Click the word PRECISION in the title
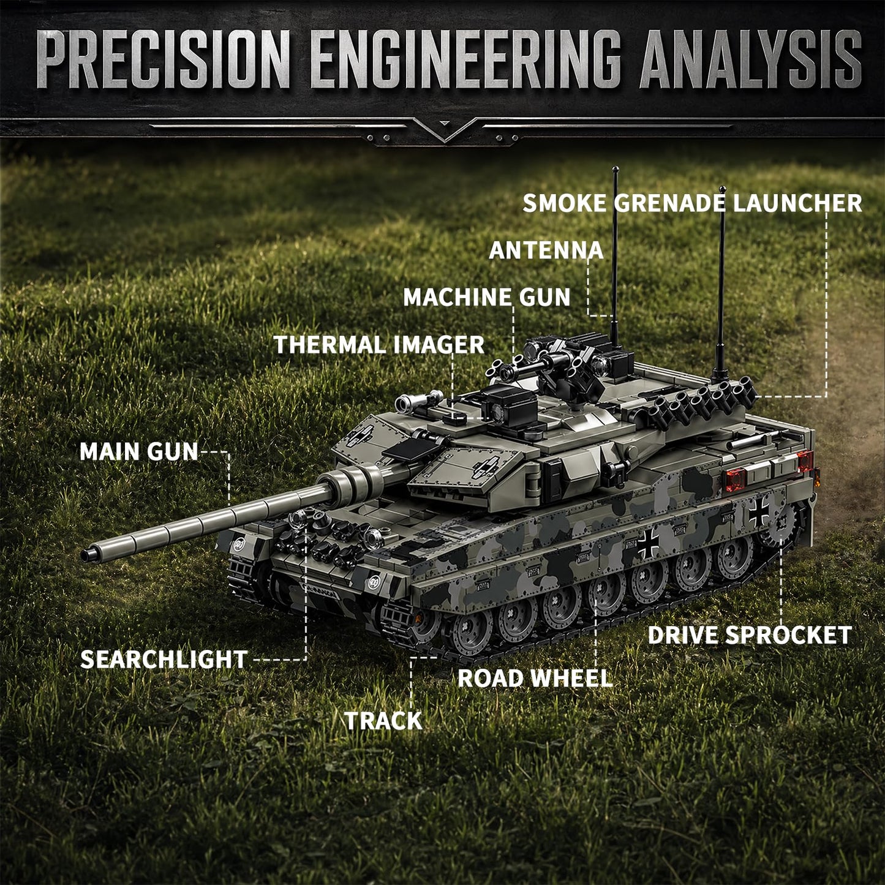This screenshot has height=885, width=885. [164, 59]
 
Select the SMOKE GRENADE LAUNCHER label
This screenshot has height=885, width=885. [693, 203]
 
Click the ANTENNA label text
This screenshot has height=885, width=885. [546, 250]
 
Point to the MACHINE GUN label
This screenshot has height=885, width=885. [487, 298]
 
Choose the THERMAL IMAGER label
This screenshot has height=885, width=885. [379, 344]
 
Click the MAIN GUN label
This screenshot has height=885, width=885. [138, 452]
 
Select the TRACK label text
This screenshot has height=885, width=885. [383, 721]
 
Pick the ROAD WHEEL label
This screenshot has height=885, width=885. [535, 679]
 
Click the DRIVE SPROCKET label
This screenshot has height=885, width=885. [750, 635]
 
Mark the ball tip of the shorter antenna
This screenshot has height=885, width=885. [723, 189]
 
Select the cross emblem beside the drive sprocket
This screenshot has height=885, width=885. [759, 513]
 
